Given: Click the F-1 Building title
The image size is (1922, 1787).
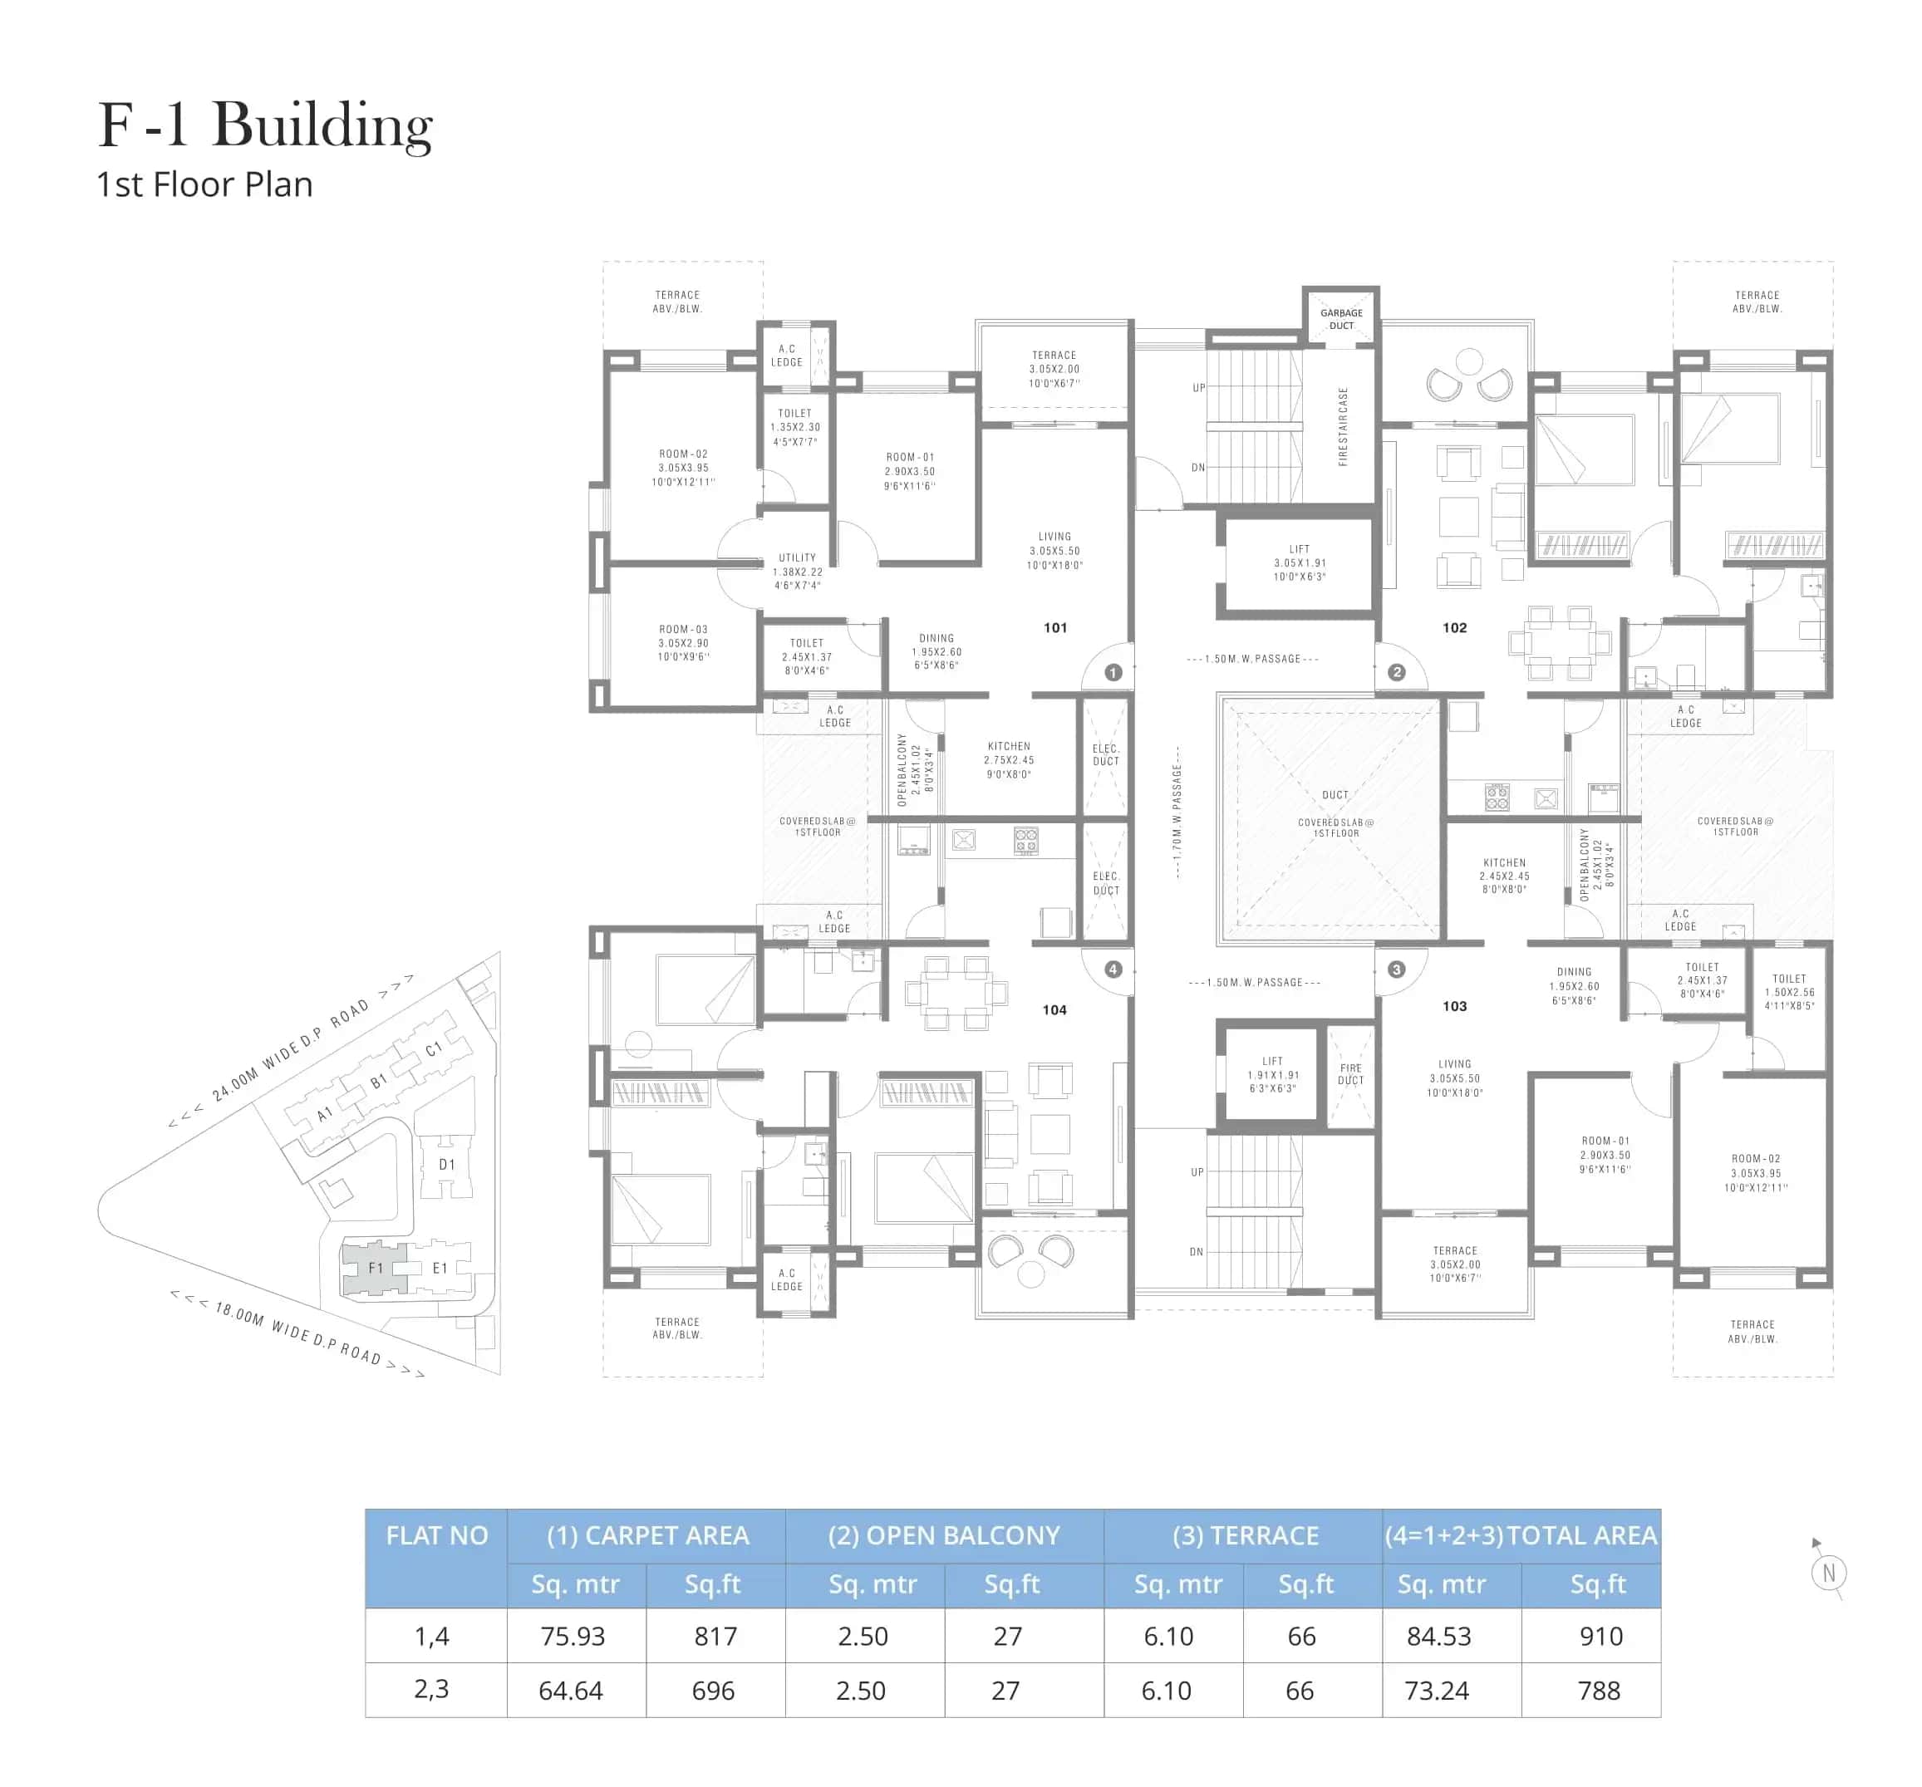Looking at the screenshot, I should tap(265, 125).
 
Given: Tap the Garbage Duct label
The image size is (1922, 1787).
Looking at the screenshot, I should tap(1341, 319).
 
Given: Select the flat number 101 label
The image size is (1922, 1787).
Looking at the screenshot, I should tap(1054, 627).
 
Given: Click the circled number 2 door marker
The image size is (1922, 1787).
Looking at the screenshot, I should tap(1396, 672).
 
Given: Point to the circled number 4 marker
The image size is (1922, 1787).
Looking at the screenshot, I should tap(1113, 969).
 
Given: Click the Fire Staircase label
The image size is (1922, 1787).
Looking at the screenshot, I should tap(1343, 426).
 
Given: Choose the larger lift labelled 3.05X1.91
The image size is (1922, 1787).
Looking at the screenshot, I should tap(1300, 562).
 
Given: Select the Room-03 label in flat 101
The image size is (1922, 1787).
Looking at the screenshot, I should tap(684, 643).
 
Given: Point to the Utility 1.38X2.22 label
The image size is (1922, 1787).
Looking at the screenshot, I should tap(798, 572).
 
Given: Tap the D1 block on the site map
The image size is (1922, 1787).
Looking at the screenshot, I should tap(447, 1165).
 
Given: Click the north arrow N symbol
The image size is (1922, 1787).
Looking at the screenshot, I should tap(1828, 1573).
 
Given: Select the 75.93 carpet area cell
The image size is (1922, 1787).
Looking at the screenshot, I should tap(573, 1637).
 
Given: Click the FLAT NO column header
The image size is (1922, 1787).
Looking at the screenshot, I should tap(437, 1536).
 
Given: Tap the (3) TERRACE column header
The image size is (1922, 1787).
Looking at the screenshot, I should tap(1246, 1536).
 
